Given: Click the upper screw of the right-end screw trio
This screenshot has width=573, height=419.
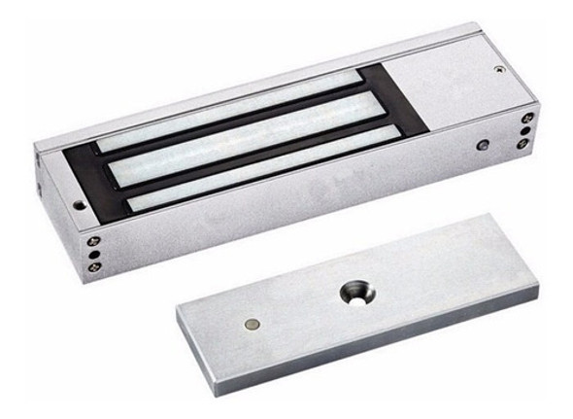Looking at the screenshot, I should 527,118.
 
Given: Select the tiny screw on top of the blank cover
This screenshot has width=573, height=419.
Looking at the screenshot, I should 498,70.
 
